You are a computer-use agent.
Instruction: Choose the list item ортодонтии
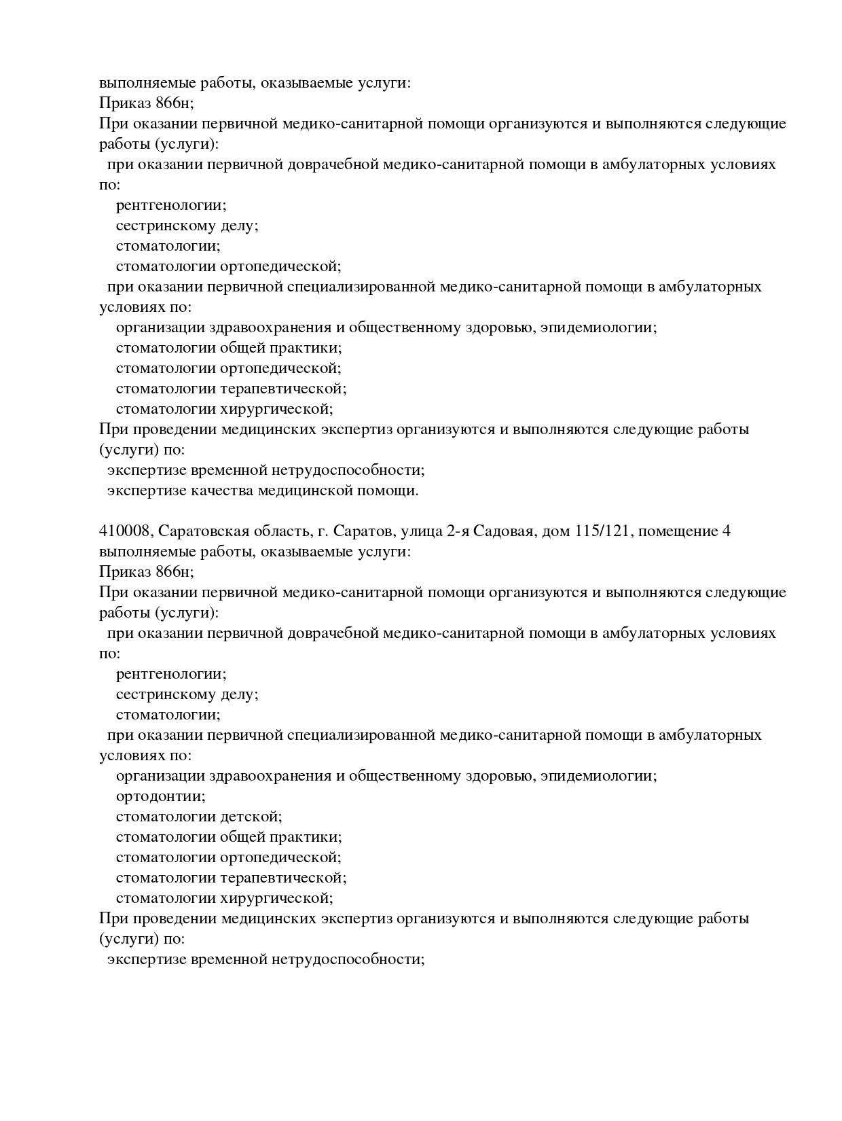[160, 796]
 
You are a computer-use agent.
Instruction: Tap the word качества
[221, 491]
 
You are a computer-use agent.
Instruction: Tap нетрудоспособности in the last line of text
[348, 959]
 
